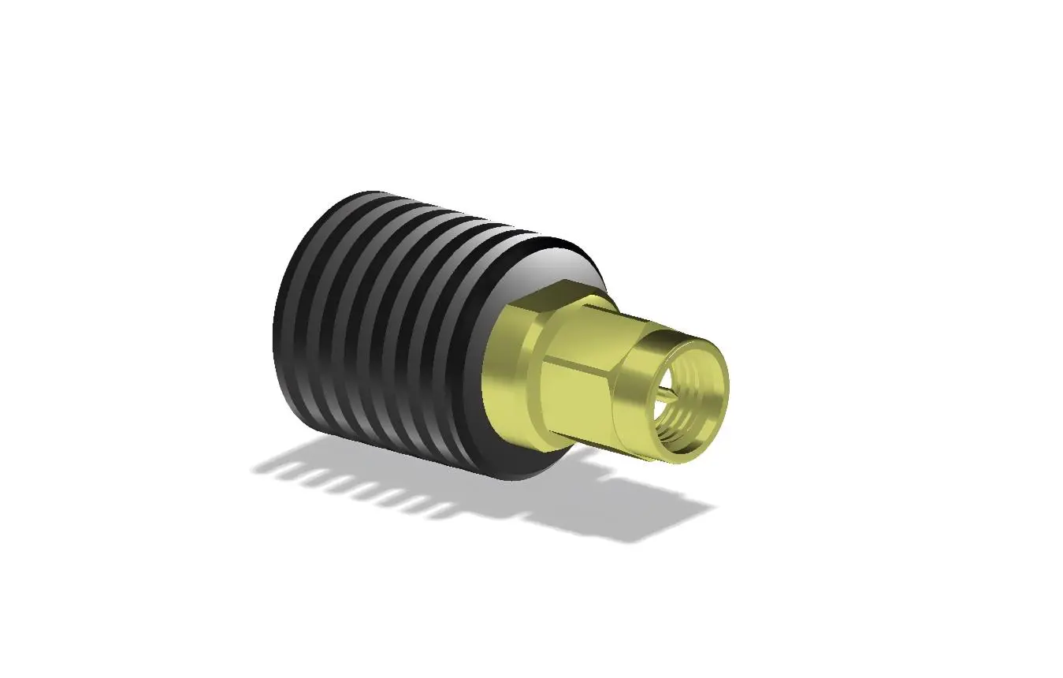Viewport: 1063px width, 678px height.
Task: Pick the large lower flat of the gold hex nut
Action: click(x=579, y=394)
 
